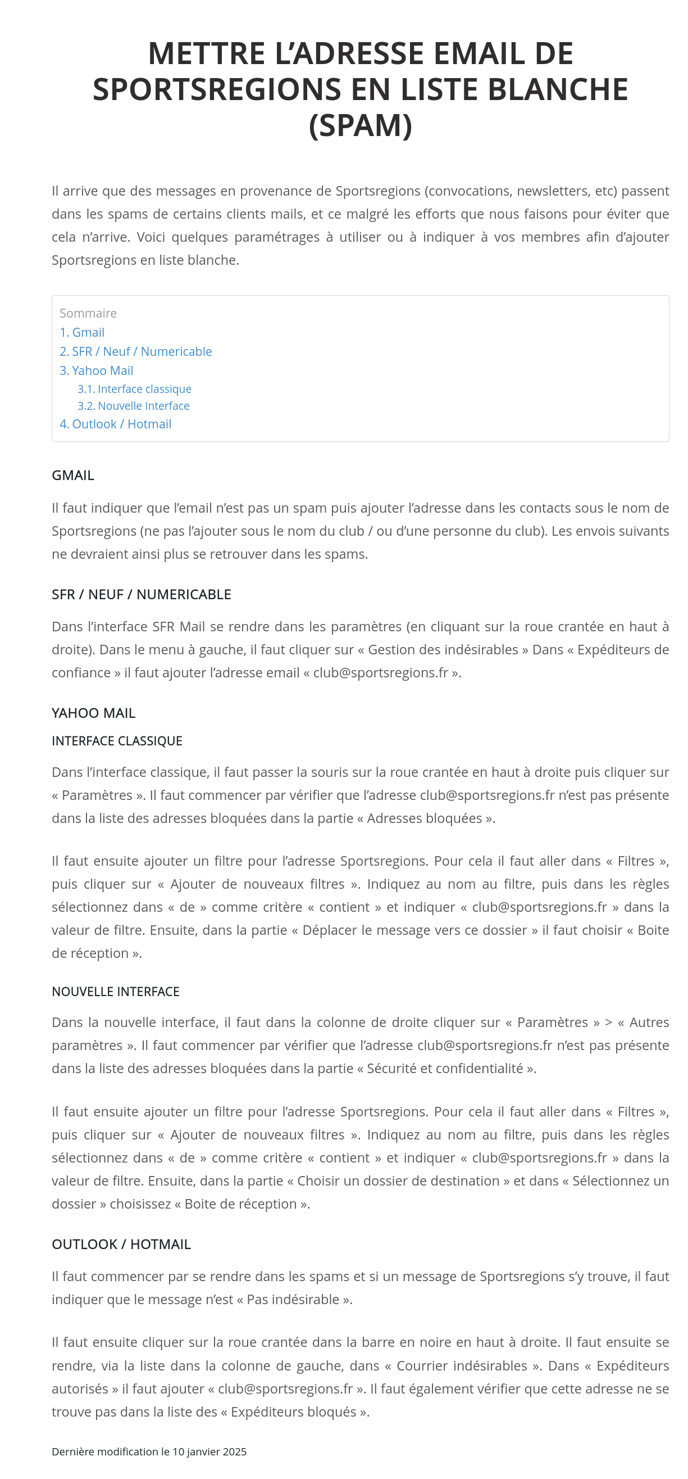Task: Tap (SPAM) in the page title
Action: coord(361,126)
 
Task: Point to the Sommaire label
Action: coord(88,313)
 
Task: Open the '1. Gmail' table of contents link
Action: coord(82,332)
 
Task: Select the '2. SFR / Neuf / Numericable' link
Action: coord(135,351)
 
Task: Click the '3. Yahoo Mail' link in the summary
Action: coord(97,371)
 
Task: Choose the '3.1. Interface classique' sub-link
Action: coord(134,389)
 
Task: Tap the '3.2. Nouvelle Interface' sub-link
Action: coord(133,406)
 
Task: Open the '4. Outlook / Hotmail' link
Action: coord(115,424)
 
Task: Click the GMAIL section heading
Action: coord(73,476)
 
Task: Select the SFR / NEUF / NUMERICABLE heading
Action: coord(141,594)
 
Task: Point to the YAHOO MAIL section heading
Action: coord(94,713)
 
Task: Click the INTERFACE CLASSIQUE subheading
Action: coord(117,741)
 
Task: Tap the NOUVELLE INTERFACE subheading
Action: coord(115,992)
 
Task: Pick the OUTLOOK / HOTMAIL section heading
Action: coord(121,1244)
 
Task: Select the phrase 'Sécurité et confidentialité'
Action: coord(445,1069)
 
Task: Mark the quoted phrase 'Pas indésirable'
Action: coord(293,1299)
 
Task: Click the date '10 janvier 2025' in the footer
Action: coord(209,1451)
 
